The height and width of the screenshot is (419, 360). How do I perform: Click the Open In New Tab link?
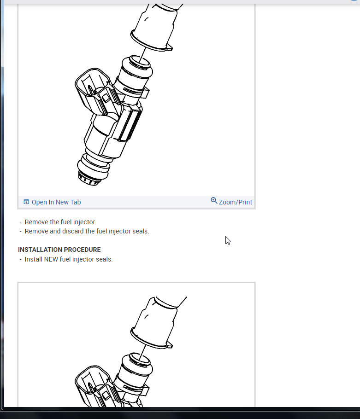click(x=56, y=202)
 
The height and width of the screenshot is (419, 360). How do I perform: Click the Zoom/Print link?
click(x=235, y=202)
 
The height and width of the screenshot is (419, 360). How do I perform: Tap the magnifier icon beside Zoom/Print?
click(x=214, y=201)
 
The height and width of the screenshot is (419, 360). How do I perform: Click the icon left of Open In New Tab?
click(x=26, y=202)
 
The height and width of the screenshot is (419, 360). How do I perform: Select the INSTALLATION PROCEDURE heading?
click(x=59, y=250)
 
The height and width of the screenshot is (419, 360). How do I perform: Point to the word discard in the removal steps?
click(x=73, y=231)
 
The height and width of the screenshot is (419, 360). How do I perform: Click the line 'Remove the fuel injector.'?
click(x=60, y=222)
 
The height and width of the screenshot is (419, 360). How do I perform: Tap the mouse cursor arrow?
click(x=228, y=240)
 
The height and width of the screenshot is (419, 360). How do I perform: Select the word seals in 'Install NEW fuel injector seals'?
click(x=104, y=259)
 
